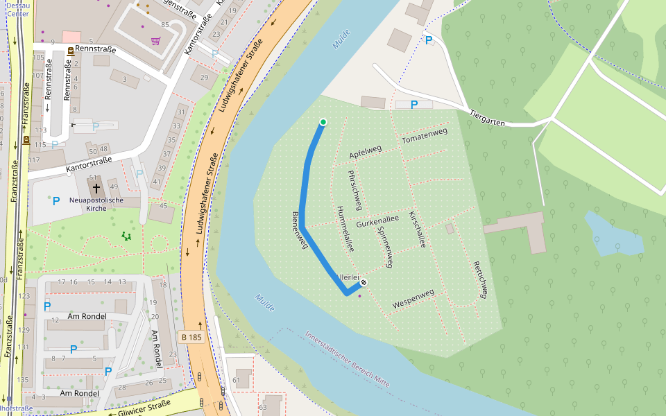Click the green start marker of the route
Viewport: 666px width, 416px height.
pyautogui.click(x=323, y=122)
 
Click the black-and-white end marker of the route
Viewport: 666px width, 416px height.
pyautogui.click(x=363, y=283)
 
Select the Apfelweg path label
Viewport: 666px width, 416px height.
pyautogui.click(x=366, y=152)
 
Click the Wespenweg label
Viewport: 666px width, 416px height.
pyautogui.click(x=413, y=299)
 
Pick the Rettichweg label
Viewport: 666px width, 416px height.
pyautogui.click(x=480, y=279)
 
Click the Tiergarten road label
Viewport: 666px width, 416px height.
pyautogui.click(x=488, y=117)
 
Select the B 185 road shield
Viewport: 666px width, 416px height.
pyautogui.click(x=191, y=337)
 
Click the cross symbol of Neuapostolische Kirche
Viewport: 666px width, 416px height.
pyautogui.click(x=96, y=188)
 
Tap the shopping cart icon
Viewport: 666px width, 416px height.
pyautogui.click(x=156, y=42)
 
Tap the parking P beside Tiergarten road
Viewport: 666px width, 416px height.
pyautogui.click(x=414, y=105)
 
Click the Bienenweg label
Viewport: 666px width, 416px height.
pyautogui.click(x=299, y=230)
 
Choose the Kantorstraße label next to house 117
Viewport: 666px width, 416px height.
pyautogui.click(x=89, y=164)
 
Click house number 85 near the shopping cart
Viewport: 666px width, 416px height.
pyautogui.click(x=164, y=25)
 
